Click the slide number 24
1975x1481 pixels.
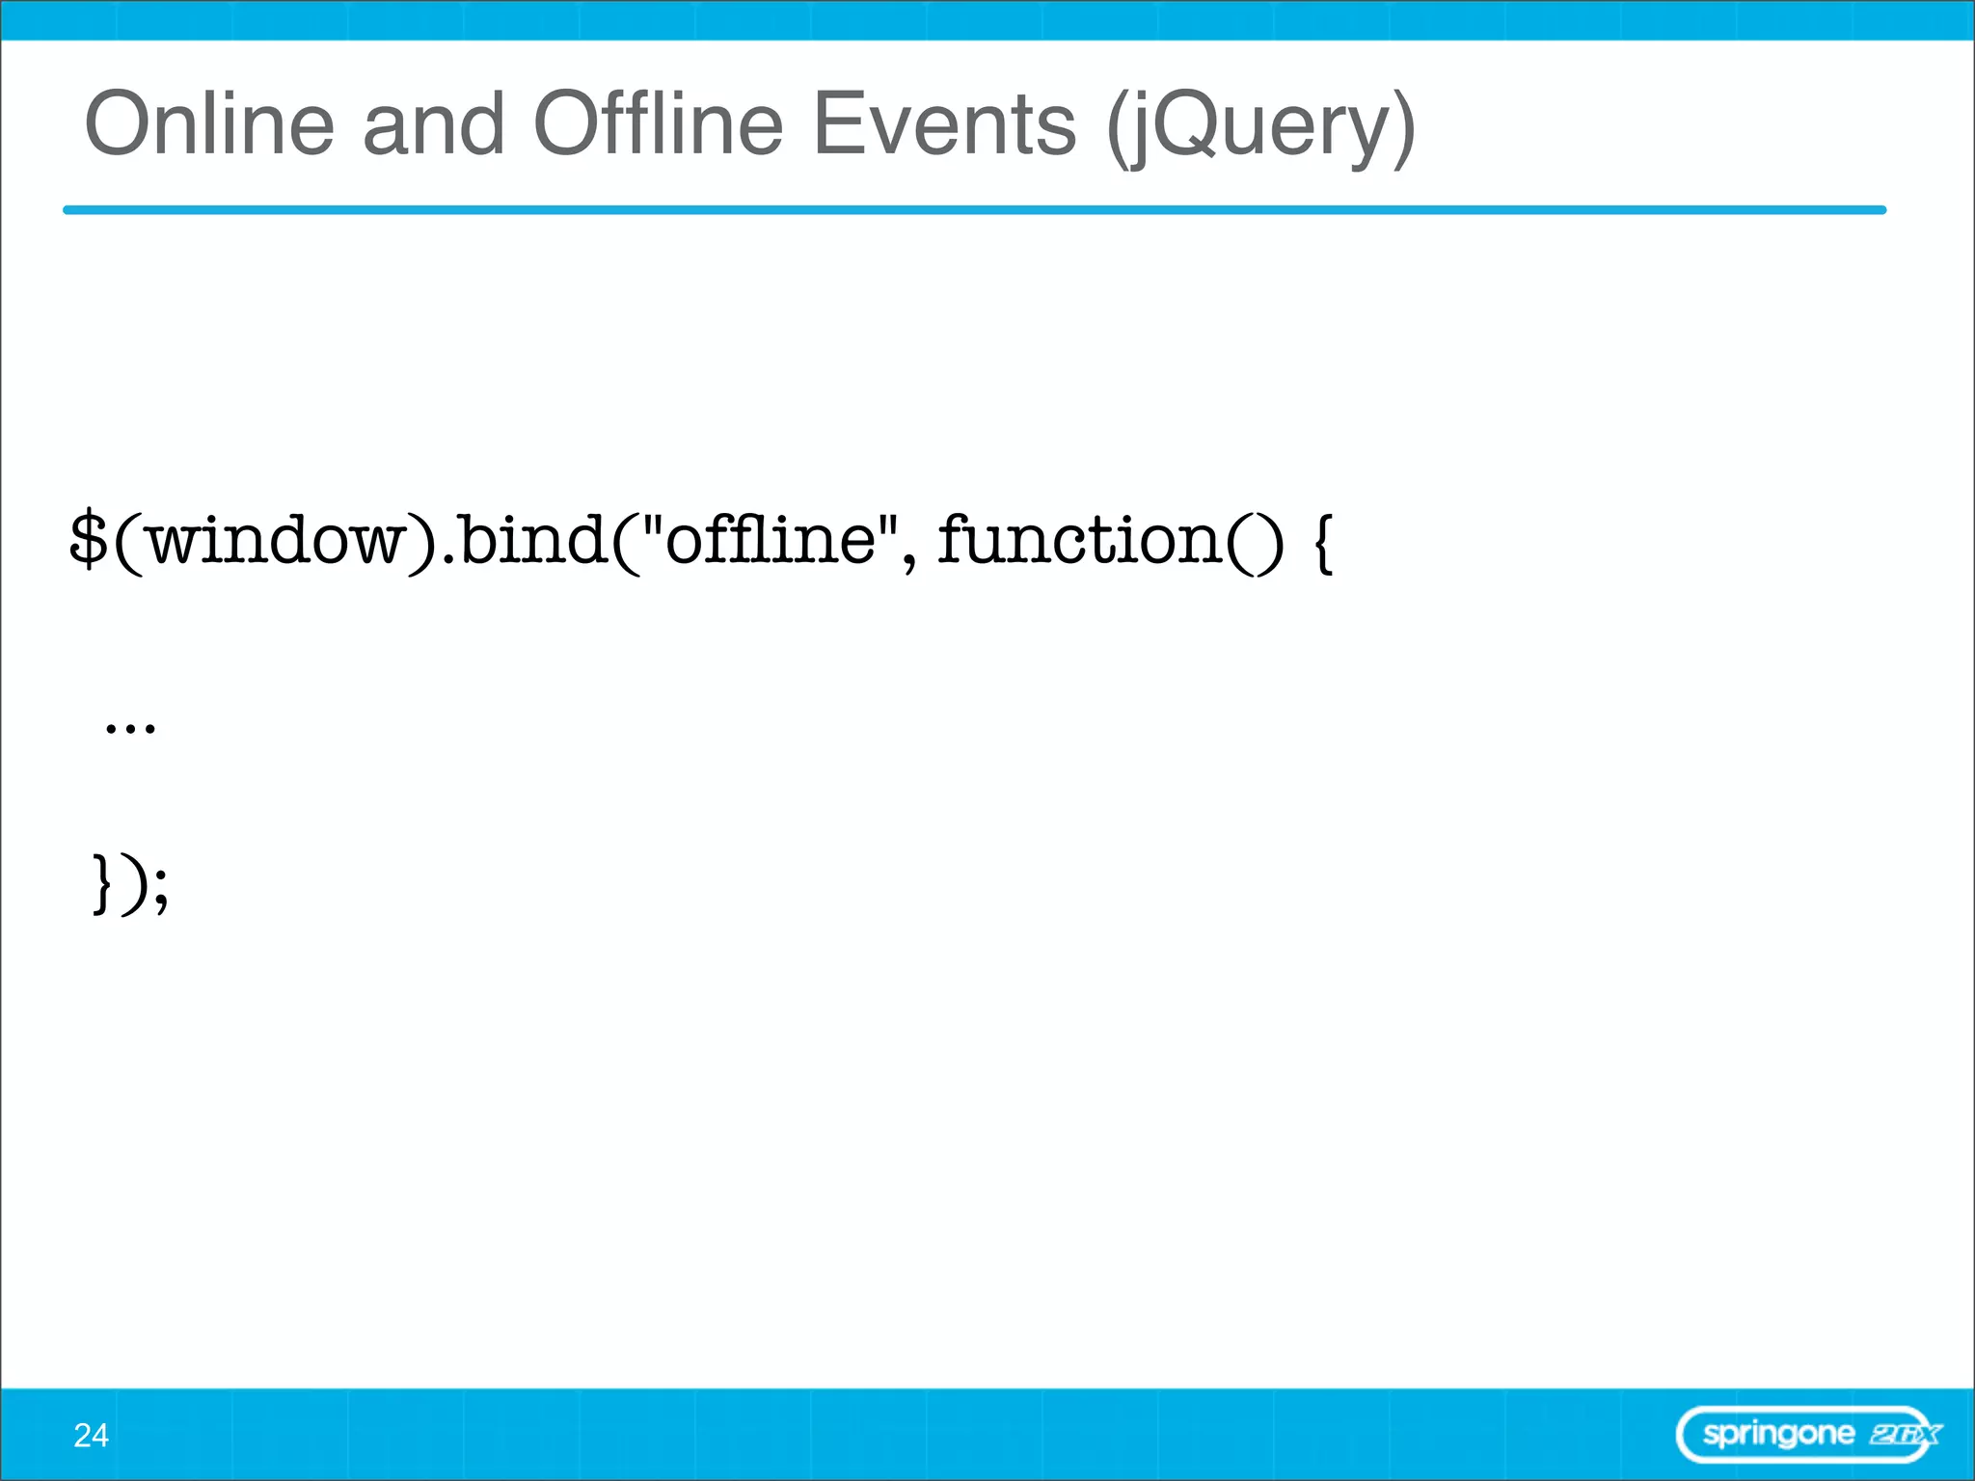pos(91,1436)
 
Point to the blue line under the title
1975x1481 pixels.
pos(974,209)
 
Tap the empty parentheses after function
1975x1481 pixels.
pos(1255,542)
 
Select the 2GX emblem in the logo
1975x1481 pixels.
pos(1904,1435)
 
